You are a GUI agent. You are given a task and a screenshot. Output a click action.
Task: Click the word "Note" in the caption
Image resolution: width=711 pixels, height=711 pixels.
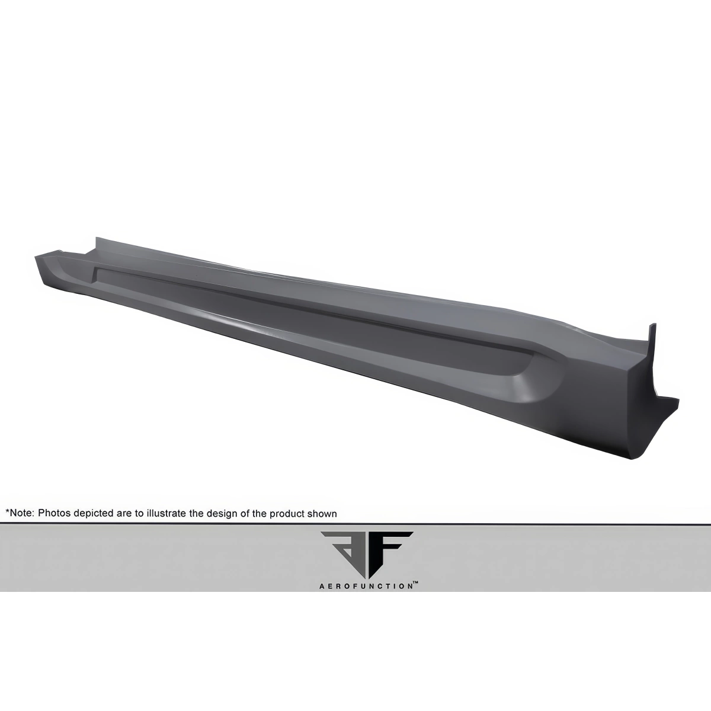22,514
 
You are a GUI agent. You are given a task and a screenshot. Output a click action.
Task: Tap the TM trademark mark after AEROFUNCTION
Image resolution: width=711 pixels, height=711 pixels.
415,584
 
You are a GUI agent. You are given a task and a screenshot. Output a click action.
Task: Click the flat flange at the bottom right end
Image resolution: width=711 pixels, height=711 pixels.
667,403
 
